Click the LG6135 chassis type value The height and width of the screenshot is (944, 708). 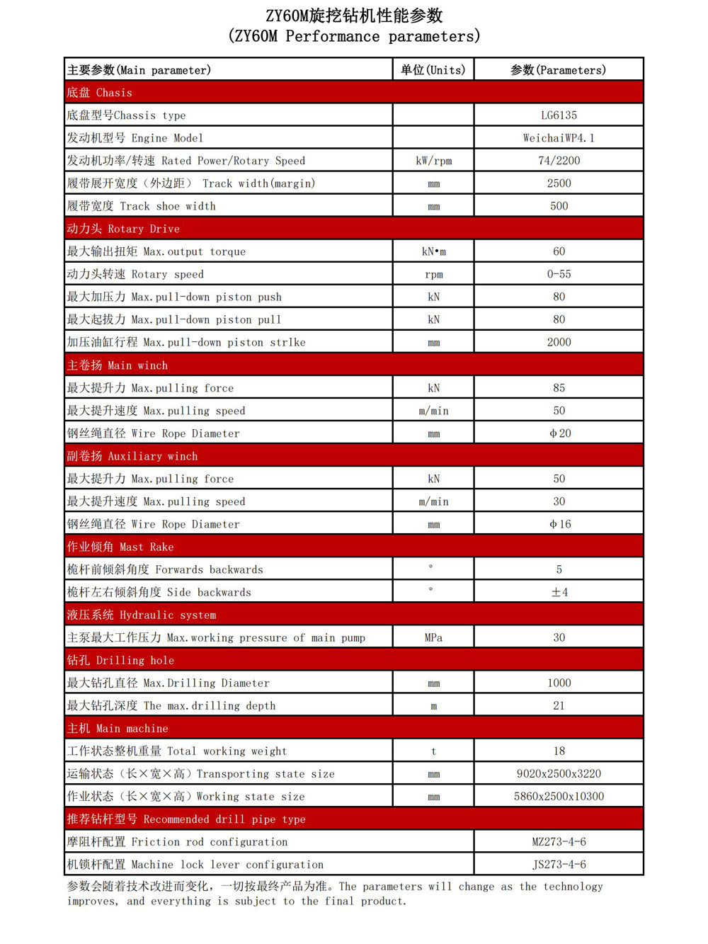559,115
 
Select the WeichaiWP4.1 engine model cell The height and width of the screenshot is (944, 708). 559,138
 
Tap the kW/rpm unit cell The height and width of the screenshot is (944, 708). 433,161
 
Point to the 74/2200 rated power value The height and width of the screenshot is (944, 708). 559,161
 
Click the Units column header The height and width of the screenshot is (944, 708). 433,70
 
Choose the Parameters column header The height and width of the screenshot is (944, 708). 559,70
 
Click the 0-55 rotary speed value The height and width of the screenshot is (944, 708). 559,274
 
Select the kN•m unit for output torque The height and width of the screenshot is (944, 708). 433,251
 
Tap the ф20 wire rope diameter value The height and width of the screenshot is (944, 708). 559,433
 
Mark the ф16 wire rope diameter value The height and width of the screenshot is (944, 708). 559,524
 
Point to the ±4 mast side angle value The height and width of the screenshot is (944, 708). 559,592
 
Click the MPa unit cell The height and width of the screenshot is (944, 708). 433,637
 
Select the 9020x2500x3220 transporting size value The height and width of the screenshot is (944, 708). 559,774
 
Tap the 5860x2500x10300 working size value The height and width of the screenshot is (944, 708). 559,797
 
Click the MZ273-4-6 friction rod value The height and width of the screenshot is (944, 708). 559,842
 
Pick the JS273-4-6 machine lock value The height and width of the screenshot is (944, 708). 559,865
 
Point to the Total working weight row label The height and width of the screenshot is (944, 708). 177,751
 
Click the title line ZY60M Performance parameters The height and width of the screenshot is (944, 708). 354,36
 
